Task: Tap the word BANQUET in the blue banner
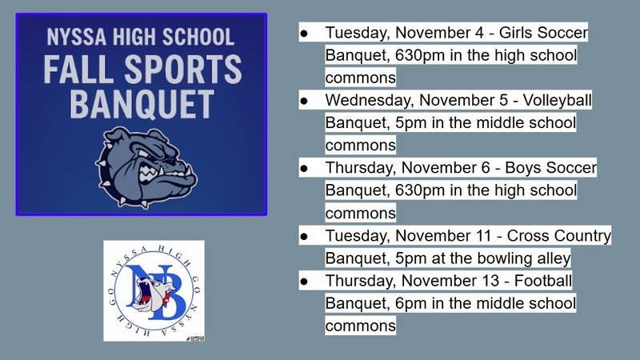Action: click(x=142, y=104)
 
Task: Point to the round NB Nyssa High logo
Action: click(x=154, y=290)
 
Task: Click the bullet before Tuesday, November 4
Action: click(x=304, y=34)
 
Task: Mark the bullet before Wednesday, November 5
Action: click(x=304, y=102)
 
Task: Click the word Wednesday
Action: click(x=363, y=102)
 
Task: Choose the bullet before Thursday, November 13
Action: click(x=304, y=281)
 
